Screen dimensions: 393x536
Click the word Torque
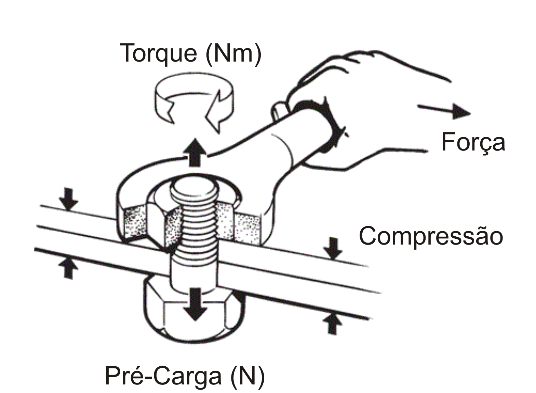coord(158,53)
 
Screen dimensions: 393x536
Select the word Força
coord(473,142)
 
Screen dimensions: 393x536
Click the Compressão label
coord(431,236)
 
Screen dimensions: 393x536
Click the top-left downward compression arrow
coord(68,199)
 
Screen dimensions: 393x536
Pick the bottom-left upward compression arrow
coord(68,267)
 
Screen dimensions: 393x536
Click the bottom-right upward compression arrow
coord(332,323)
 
